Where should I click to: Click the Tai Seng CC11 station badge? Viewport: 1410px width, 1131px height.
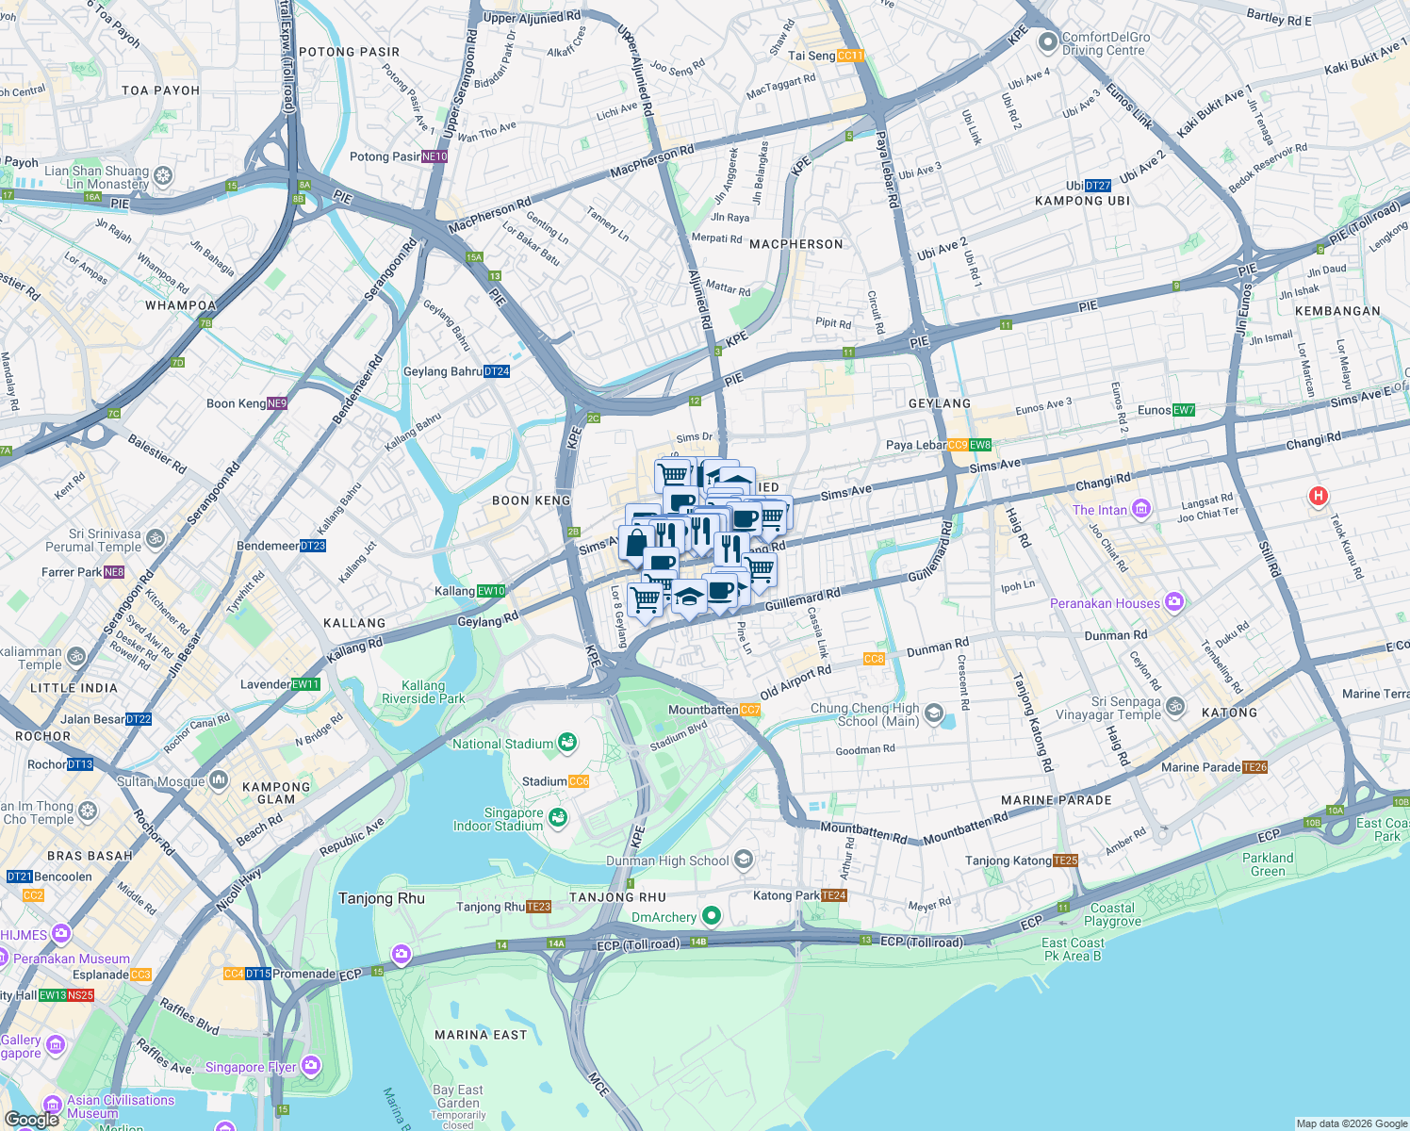click(850, 56)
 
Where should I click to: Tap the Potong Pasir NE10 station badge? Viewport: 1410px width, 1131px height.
click(434, 157)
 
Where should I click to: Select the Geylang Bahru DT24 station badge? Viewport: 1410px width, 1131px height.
click(497, 371)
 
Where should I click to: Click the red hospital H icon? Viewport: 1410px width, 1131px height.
click(1319, 496)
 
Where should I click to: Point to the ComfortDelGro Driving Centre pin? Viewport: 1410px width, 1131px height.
click(1047, 42)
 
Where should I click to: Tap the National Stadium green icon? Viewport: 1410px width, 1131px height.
click(566, 744)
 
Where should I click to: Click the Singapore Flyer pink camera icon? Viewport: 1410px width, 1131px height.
click(311, 1067)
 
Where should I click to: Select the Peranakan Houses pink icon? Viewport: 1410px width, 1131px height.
click(1173, 601)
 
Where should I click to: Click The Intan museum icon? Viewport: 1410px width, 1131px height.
click(1141, 509)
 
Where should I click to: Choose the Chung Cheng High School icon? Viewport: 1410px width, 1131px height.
click(933, 713)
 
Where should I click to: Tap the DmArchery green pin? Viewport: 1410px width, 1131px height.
click(712, 915)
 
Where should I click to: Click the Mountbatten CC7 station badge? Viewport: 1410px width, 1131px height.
click(750, 710)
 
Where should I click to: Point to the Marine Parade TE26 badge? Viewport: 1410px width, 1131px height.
click(1254, 767)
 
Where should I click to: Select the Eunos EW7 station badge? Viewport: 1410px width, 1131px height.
click(1184, 410)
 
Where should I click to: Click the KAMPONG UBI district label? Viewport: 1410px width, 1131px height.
click(1082, 201)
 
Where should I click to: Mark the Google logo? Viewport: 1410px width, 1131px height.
click(31, 1119)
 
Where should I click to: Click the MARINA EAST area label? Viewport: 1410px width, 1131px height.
click(481, 1035)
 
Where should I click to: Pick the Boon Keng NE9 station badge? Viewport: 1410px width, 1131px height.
click(277, 403)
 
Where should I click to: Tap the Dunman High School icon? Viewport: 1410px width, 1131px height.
click(744, 859)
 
